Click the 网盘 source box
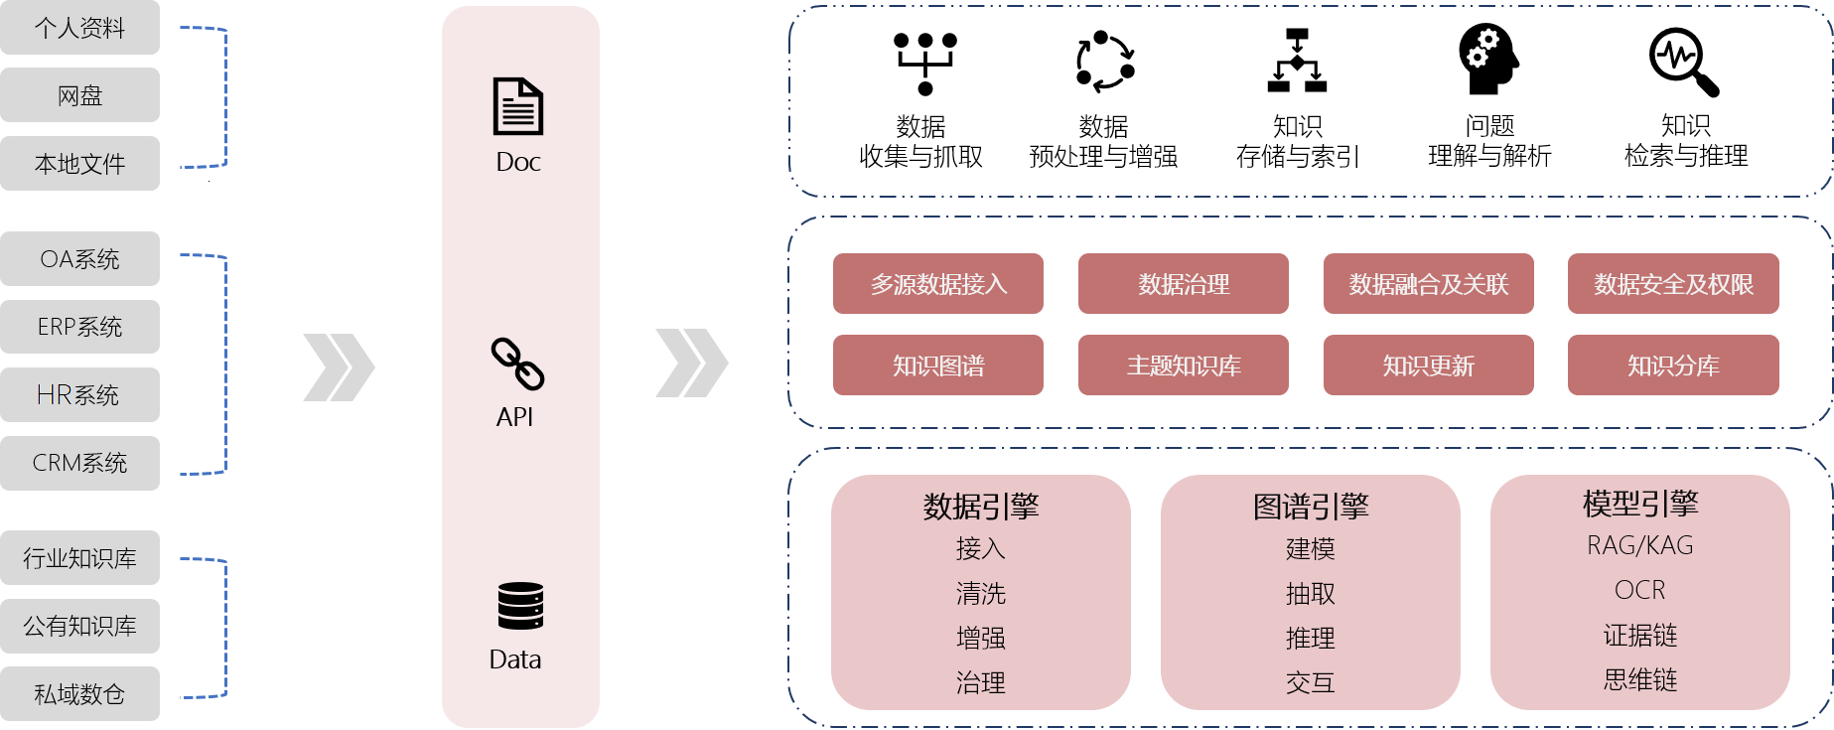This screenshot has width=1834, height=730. point(79,95)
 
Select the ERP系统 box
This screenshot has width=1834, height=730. point(79,327)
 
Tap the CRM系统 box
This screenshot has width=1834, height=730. point(79,463)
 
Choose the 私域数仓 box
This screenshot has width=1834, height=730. point(79,694)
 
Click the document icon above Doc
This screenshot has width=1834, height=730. point(518,106)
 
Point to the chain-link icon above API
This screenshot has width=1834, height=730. point(517,364)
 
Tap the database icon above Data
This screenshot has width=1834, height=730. point(520,606)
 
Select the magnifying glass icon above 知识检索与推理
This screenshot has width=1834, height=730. point(1683,62)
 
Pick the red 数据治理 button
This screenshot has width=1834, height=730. point(1184,284)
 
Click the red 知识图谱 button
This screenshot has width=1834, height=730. point(938,365)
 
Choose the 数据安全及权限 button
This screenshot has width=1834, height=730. point(1673,284)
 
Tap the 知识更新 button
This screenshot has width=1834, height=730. point(1428,365)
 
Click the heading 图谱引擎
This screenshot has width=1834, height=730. point(1311,507)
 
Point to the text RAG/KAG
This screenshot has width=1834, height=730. point(1640,545)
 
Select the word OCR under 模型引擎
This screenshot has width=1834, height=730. point(1640,590)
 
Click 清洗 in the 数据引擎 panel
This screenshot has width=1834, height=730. point(981,594)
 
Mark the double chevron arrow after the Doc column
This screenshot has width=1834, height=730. point(691,364)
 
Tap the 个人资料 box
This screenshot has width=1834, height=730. point(79,28)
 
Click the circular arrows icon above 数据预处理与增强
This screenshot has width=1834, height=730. point(1105,62)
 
